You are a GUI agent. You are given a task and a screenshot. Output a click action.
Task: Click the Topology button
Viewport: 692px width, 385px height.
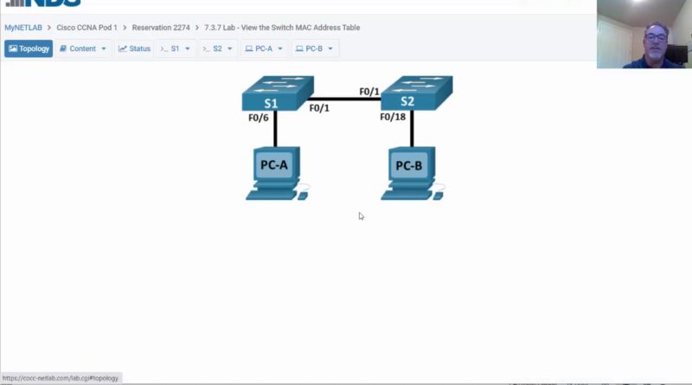click(x=29, y=48)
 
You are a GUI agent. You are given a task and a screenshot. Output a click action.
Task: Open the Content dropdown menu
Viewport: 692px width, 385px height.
click(x=83, y=48)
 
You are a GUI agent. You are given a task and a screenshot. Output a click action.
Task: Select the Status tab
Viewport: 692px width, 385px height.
click(x=135, y=48)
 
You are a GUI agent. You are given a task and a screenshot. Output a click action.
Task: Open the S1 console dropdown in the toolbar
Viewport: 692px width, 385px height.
click(x=176, y=48)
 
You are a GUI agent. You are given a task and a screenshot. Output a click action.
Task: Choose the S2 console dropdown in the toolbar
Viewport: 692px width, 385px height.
click(x=218, y=48)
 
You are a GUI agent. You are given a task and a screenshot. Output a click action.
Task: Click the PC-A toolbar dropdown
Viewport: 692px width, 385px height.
click(x=264, y=48)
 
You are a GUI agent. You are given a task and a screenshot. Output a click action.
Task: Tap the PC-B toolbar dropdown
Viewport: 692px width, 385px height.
click(x=314, y=48)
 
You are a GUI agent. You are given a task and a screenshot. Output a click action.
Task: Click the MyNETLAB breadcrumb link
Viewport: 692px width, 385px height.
click(x=23, y=28)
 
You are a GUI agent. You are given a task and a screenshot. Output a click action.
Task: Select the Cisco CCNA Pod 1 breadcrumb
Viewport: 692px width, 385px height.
click(x=87, y=28)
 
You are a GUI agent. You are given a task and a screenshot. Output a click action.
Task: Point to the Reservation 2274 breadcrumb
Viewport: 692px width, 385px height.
click(x=161, y=28)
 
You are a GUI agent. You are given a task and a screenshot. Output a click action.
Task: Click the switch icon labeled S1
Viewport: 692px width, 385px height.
click(x=278, y=93)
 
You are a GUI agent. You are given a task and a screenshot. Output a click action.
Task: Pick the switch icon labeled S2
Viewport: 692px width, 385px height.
click(x=417, y=93)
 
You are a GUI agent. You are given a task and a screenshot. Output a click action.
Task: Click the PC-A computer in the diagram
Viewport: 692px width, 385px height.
click(x=277, y=174)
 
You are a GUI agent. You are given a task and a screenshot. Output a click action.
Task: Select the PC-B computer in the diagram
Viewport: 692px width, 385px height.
click(x=413, y=174)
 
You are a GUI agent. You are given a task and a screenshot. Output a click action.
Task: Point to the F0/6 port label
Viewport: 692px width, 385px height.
click(x=258, y=118)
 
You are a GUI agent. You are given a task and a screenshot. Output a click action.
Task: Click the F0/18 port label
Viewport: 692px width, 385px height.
click(x=393, y=117)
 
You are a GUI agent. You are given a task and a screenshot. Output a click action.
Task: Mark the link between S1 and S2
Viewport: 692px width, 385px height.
click(x=344, y=99)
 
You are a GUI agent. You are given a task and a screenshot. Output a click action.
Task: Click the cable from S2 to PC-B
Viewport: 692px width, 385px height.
click(x=412, y=129)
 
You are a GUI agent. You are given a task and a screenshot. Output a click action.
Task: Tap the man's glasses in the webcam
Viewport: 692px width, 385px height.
click(x=656, y=37)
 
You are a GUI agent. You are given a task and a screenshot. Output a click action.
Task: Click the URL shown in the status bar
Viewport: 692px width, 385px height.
click(x=61, y=378)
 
